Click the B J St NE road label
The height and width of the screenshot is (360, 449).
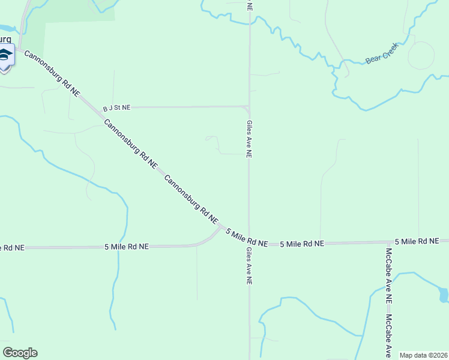tap(116, 108)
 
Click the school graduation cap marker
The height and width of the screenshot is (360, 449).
tap(5, 55)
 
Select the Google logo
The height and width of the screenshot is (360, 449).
tap(20, 353)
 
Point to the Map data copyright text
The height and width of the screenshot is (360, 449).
tap(424, 355)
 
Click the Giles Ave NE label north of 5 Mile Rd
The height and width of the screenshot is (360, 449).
tap(249, 139)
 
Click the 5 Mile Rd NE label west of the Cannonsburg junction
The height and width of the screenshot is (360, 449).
tap(126, 247)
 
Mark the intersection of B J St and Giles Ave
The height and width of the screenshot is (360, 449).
tap(249, 107)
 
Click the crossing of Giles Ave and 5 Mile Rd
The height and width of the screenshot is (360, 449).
tap(249, 244)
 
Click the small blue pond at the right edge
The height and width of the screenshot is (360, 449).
tap(444, 295)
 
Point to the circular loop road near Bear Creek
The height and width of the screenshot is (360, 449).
tap(421, 55)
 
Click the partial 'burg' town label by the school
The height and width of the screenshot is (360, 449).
tap(6, 39)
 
